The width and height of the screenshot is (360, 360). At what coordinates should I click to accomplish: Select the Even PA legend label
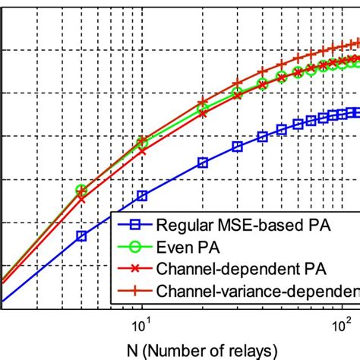(x=182, y=246)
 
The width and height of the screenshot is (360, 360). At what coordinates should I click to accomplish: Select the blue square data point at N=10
(x=142, y=196)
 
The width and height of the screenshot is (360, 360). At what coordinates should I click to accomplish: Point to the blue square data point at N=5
(x=82, y=236)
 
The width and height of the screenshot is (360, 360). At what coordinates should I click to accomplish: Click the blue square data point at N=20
(x=203, y=162)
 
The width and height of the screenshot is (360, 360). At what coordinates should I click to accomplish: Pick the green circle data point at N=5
(x=82, y=190)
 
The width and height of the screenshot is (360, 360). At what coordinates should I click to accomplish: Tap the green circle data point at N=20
(x=203, y=109)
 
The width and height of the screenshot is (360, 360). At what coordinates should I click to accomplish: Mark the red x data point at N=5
(x=82, y=200)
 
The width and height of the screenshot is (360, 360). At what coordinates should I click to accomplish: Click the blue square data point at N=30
(x=237, y=147)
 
